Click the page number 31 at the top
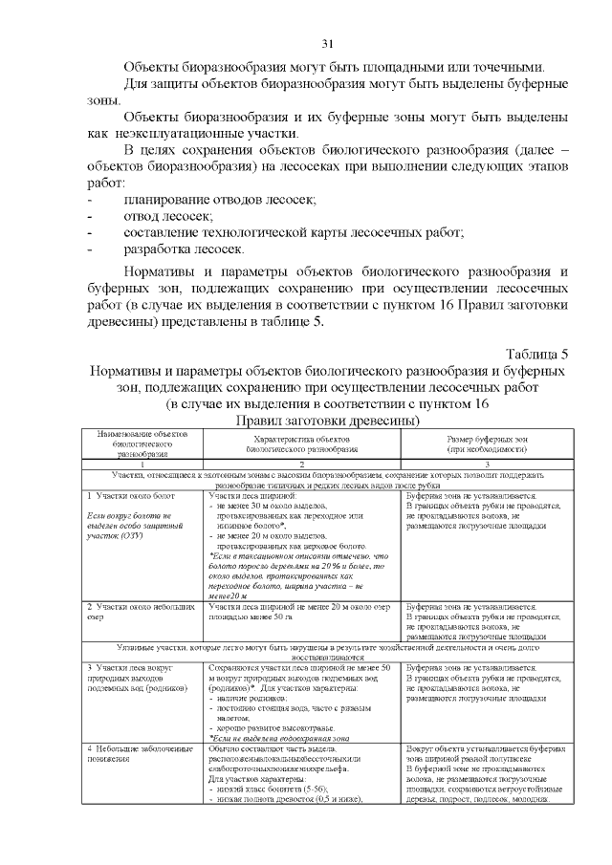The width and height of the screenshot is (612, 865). pos(329,44)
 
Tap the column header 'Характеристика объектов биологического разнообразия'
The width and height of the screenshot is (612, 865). pos(301,442)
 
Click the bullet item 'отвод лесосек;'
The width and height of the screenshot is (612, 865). pos(167,216)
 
